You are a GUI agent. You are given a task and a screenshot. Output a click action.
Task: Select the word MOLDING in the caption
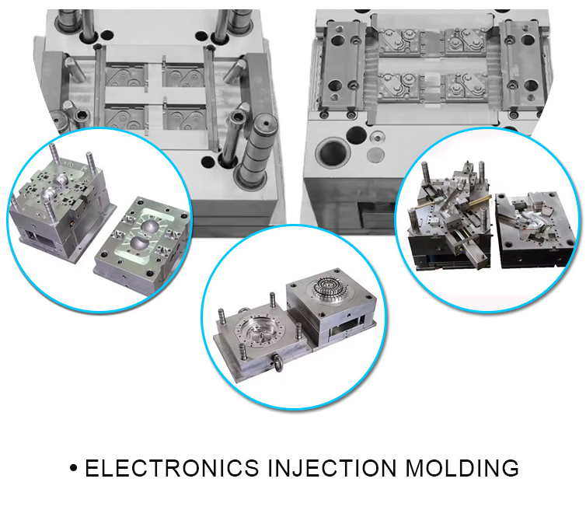point(462,468)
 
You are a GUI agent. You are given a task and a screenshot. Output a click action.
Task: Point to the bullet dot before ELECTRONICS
point(74,469)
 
